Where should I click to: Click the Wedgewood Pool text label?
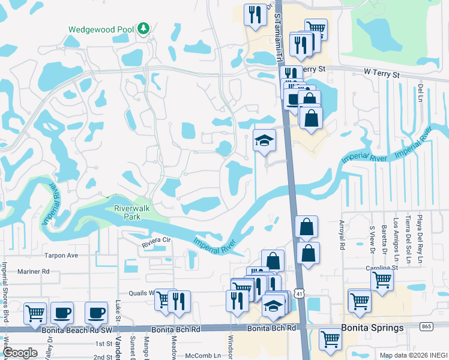point(100,29)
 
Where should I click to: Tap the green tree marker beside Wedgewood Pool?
point(143,28)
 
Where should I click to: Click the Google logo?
point(20,353)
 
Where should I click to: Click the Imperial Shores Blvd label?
point(4,282)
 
